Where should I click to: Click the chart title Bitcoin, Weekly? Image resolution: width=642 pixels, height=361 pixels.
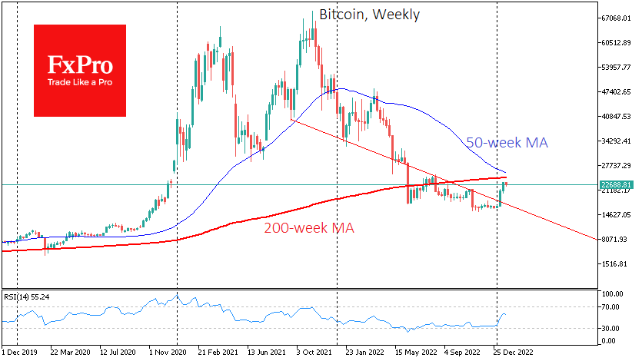point(369,15)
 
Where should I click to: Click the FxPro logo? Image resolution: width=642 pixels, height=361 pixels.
point(80,70)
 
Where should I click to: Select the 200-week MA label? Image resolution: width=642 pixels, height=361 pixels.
point(309,228)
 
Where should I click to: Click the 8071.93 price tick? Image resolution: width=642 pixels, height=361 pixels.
point(617,239)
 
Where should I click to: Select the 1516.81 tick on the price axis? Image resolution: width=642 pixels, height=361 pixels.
point(617,263)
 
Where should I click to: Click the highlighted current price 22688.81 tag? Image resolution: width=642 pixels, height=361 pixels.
point(616,185)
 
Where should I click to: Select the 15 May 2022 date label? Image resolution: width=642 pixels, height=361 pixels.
point(416,353)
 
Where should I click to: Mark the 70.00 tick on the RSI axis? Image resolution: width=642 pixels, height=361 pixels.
point(612,307)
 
